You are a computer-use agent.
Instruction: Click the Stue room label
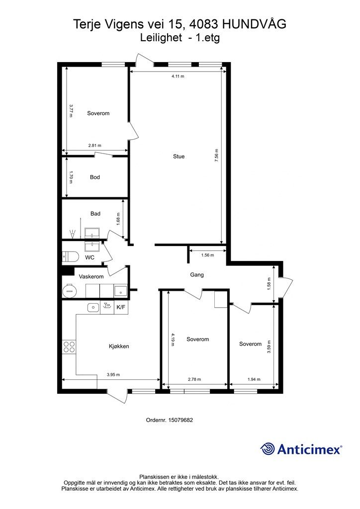click(179, 157)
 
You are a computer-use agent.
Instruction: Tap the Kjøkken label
click(119, 346)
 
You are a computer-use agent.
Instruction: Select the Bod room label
click(95, 177)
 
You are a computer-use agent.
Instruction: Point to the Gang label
click(197, 275)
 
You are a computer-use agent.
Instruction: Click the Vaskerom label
click(91, 276)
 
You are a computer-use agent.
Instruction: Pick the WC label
click(90, 257)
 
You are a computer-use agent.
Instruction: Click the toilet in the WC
click(70, 256)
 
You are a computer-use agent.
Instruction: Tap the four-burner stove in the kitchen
click(69, 346)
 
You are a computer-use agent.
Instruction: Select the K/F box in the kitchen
click(121, 307)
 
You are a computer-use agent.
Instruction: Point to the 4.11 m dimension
click(178, 76)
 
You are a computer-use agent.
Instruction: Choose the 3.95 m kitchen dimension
click(113, 375)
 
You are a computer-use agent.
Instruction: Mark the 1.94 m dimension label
click(254, 379)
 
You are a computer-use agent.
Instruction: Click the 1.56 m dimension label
click(207, 255)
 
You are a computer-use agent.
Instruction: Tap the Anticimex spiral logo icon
click(267, 449)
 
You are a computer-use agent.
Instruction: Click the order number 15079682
click(180, 420)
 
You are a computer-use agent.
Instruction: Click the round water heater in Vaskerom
click(69, 291)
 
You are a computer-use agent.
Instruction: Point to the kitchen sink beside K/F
click(93, 307)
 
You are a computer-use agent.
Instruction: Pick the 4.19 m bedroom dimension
click(173, 339)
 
